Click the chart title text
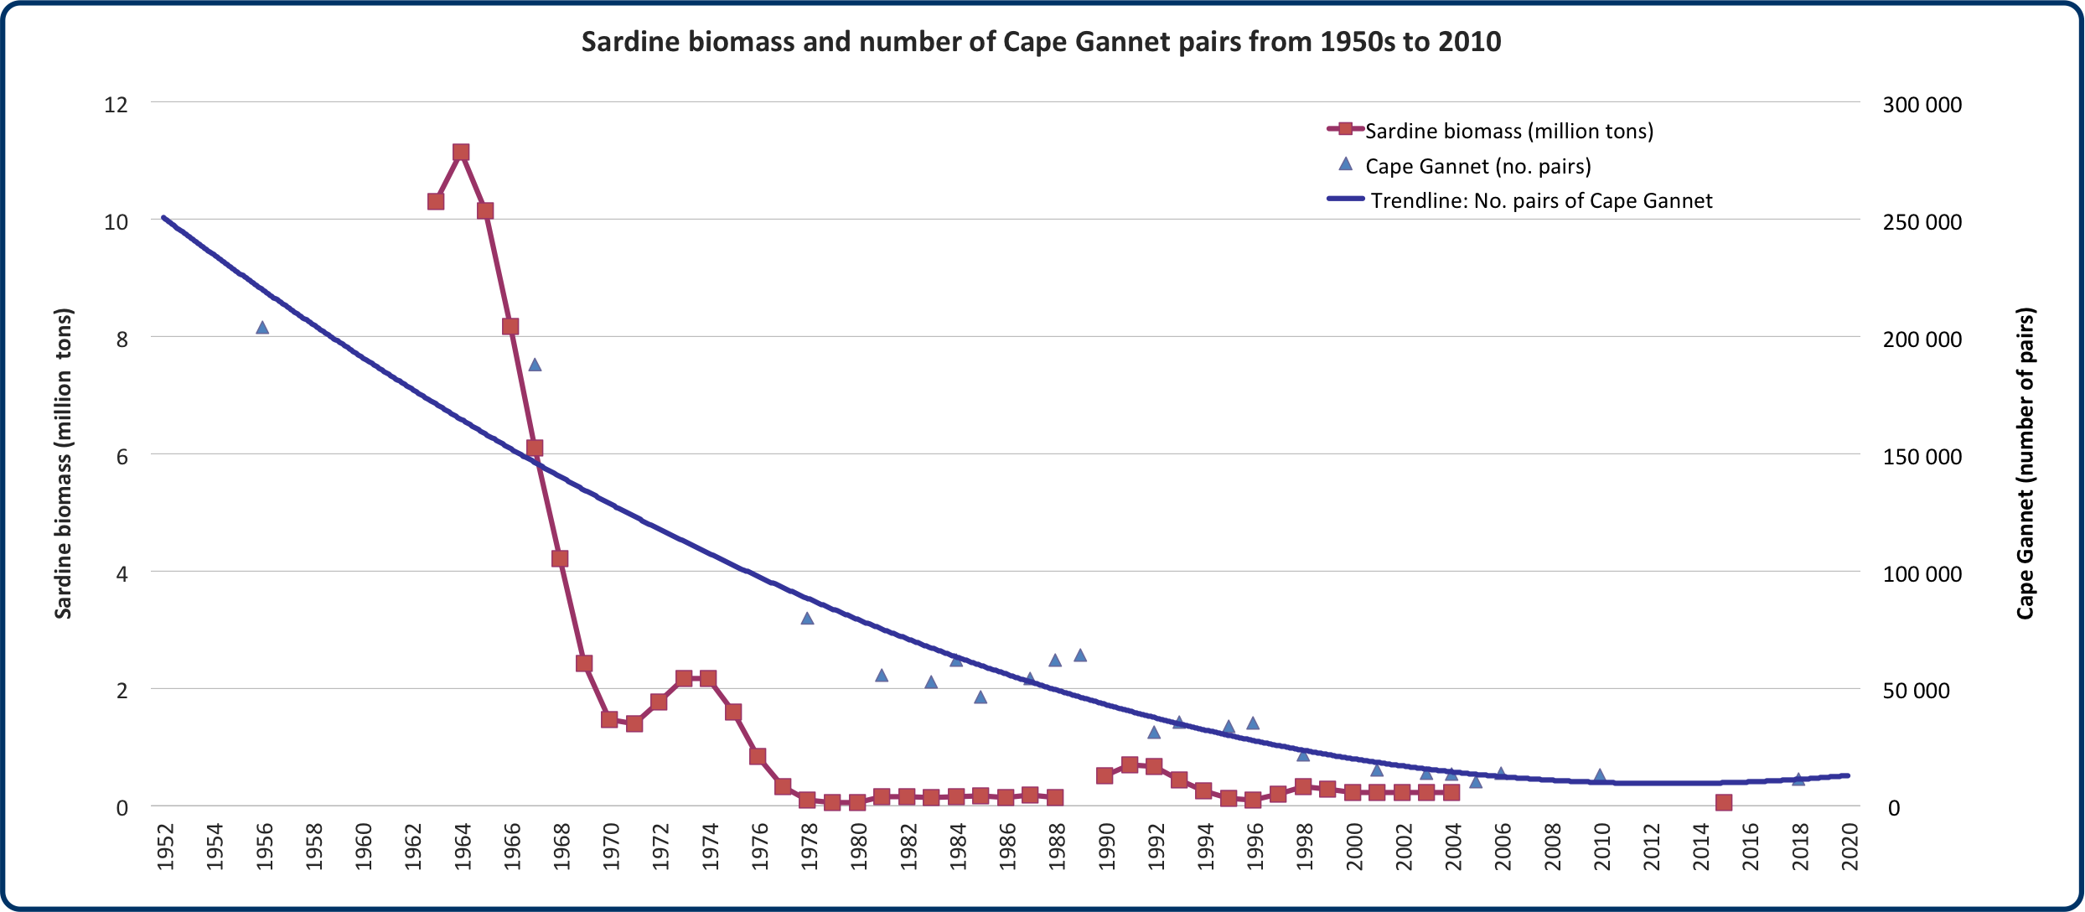pos(1041,42)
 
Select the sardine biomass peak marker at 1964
pos(461,153)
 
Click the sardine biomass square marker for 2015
pos(1724,803)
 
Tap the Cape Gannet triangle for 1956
pos(262,328)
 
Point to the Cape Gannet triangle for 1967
pos(535,365)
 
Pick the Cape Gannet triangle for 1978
pos(807,619)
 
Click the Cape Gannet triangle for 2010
pos(1600,776)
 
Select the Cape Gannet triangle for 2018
pos(1798,780)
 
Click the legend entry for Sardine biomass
pos(1508,132)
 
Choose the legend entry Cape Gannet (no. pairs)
pos(1477,167)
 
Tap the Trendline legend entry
pos(1540,201)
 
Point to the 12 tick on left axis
pos(116,105)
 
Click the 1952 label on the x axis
pos(165,847)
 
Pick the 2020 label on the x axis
pos(1849,847)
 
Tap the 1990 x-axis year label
pos(1106,847)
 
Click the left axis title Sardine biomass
pos(64,464)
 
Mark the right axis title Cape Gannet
pos(2026,464)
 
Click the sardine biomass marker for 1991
pos(1130,764)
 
